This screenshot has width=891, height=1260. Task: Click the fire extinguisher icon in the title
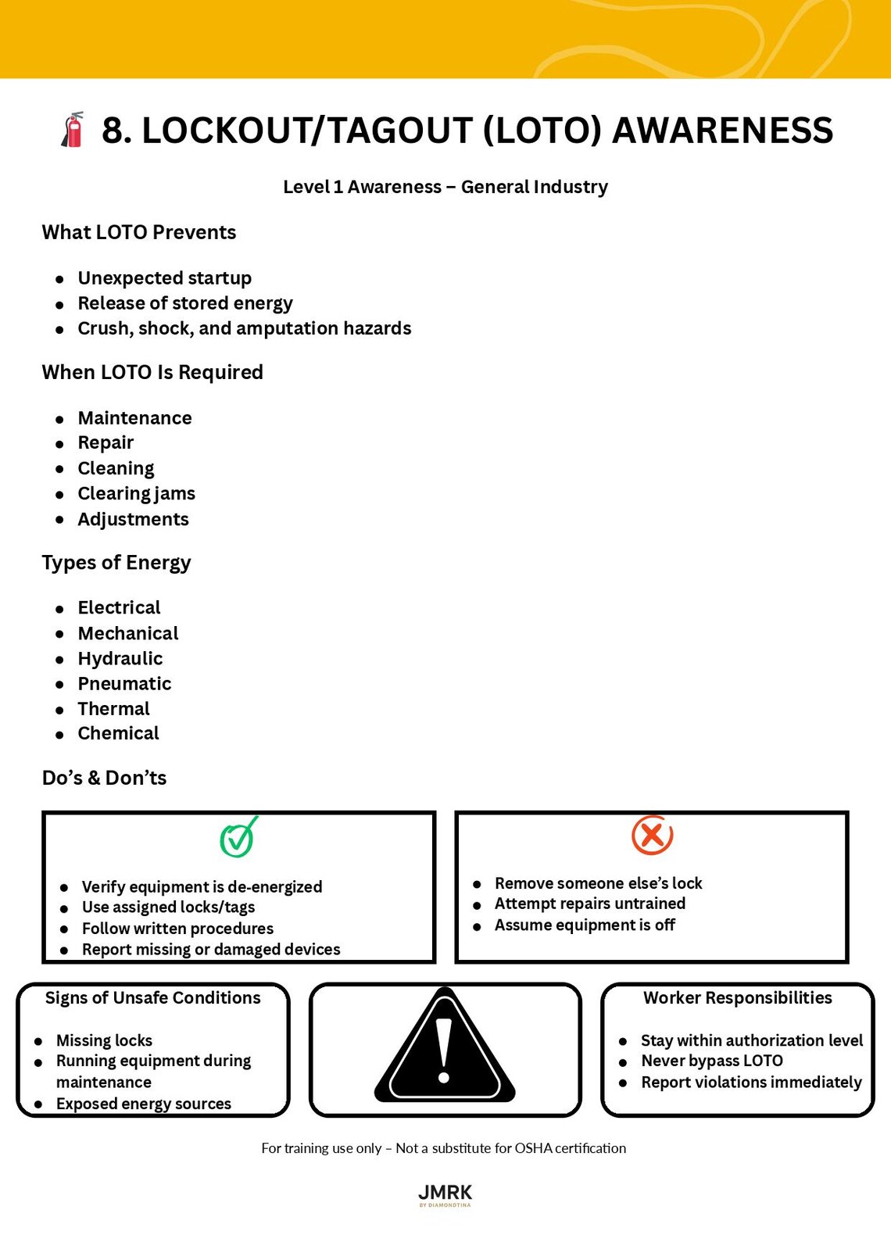point(73,130)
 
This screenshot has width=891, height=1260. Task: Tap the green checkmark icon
point(238,837)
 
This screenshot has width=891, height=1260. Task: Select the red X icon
point(652,835)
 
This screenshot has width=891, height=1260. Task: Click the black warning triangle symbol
point(445,1048)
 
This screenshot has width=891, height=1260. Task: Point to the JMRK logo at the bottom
point(445,1194)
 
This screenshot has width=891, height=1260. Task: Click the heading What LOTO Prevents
point(138,232)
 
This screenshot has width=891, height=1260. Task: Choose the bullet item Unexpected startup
point(164,278)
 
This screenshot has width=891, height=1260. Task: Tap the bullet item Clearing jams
point(136,493)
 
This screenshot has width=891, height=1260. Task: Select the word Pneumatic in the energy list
point(124,683)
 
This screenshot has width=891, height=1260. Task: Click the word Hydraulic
point(120,658)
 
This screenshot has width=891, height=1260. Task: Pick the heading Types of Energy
point(116,563)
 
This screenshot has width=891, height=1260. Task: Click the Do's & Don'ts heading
point(104,778)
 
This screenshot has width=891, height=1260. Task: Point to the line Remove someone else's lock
point(598,883)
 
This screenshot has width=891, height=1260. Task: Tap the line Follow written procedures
point(177,929)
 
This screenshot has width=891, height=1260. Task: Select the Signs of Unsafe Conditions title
point(152,998)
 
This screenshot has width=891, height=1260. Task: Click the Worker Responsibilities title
point(737,998)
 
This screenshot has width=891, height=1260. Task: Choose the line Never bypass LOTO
point(711,1061)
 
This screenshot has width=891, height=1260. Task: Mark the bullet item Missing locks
point(104,1040)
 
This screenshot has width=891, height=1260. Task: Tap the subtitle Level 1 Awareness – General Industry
point(445,187)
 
